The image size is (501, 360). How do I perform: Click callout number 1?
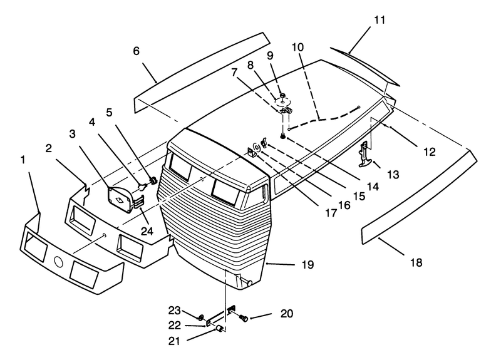pos(23,160)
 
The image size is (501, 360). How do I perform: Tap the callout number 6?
pos(137,51)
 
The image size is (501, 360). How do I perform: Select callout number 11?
pos(380,20)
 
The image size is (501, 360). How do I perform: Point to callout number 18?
pos(416,262)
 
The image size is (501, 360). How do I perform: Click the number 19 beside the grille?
pos(307,264)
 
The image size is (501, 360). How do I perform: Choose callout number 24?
pos(147,231)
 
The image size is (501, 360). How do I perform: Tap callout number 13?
pos(393,175)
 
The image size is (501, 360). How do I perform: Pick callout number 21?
pos(174,341)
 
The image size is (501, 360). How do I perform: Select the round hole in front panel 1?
pos(59,261)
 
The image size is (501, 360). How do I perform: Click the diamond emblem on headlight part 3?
pos(119,200)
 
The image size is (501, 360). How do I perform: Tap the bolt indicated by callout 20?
pos(244,318)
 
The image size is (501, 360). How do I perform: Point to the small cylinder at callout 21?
pos(220,328)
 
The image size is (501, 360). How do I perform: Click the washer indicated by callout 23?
pos(201,317)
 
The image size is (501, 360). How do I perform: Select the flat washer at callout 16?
pos(256,147)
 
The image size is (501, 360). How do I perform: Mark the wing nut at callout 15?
pos(264,142)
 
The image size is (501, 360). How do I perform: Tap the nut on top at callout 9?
pos(283,95)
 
